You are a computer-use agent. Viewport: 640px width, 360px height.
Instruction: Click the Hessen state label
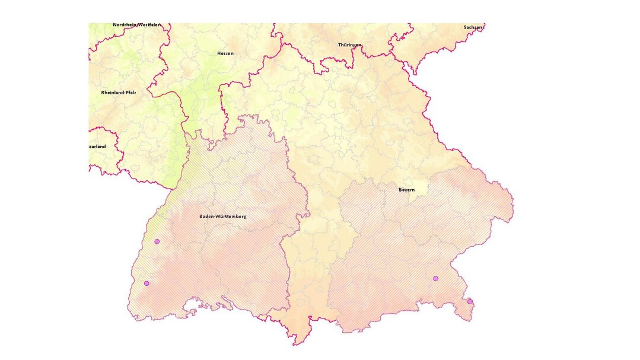click(x=225, y=53)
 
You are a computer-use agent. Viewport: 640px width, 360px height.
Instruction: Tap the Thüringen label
click(x=350, y=45)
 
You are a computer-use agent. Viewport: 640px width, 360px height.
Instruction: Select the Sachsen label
click(x=473, y=27)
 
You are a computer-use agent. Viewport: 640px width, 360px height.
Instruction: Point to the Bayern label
click(x=406, y=190)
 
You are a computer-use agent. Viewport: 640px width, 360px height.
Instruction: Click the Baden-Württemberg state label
click(x=222, y=216)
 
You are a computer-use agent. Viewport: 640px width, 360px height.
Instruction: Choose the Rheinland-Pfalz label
click(x=119, y=93)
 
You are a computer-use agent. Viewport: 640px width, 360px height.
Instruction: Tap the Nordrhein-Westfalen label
click(x=136, y=25)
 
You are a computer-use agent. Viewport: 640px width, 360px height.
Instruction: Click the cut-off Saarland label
click(x=97, y=146)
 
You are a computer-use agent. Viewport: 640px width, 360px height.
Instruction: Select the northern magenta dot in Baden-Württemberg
click(x=157, y=241)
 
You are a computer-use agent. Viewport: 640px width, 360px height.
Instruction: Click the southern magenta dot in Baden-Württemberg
click(x=147, y=283)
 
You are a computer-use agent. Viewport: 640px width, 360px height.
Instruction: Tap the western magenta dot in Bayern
click(x=435, y=278)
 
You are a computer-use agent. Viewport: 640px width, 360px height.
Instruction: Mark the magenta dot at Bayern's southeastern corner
click(x=470, y=301)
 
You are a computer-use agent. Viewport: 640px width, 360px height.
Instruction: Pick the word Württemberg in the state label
click(x=232, y=216)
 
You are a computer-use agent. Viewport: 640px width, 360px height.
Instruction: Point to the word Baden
click(x=207, y=216)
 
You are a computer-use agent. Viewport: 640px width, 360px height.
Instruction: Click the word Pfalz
click(x=130, y=93)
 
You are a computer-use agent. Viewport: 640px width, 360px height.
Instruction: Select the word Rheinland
click(x=112, y=93)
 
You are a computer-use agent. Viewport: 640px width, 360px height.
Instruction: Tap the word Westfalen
click(x=149, y=25)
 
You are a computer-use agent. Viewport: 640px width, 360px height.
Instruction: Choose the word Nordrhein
click(x=125, y=25)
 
